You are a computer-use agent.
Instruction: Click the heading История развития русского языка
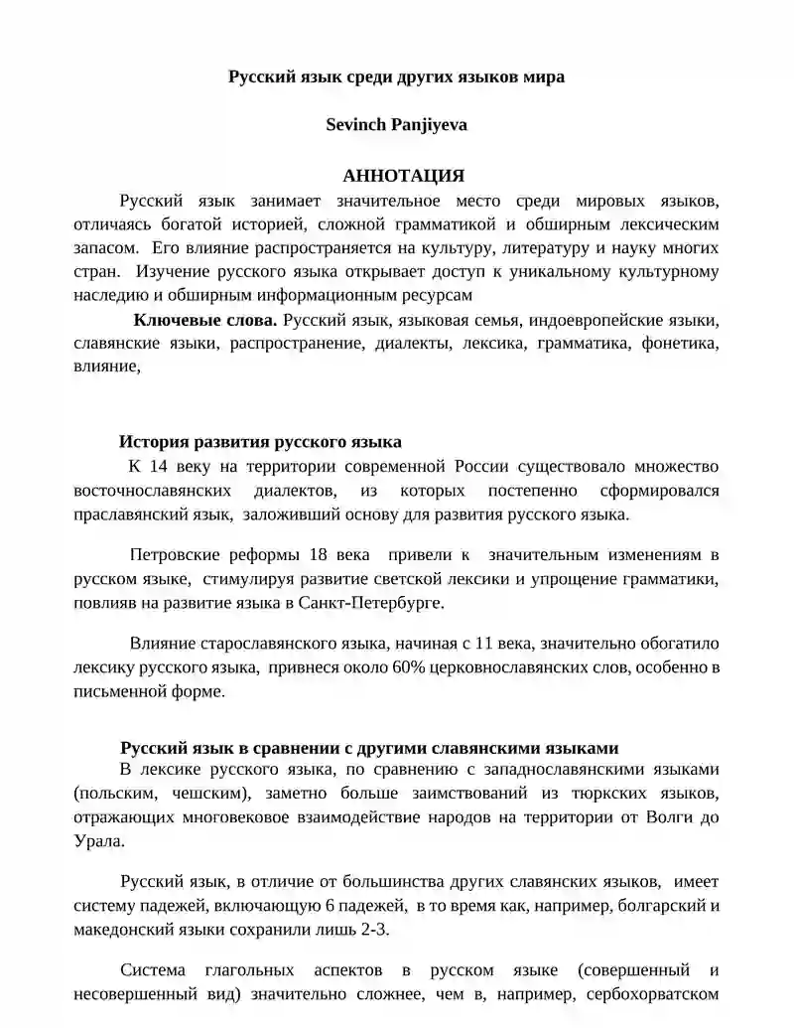pyautogui.click(x=260, y=442)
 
